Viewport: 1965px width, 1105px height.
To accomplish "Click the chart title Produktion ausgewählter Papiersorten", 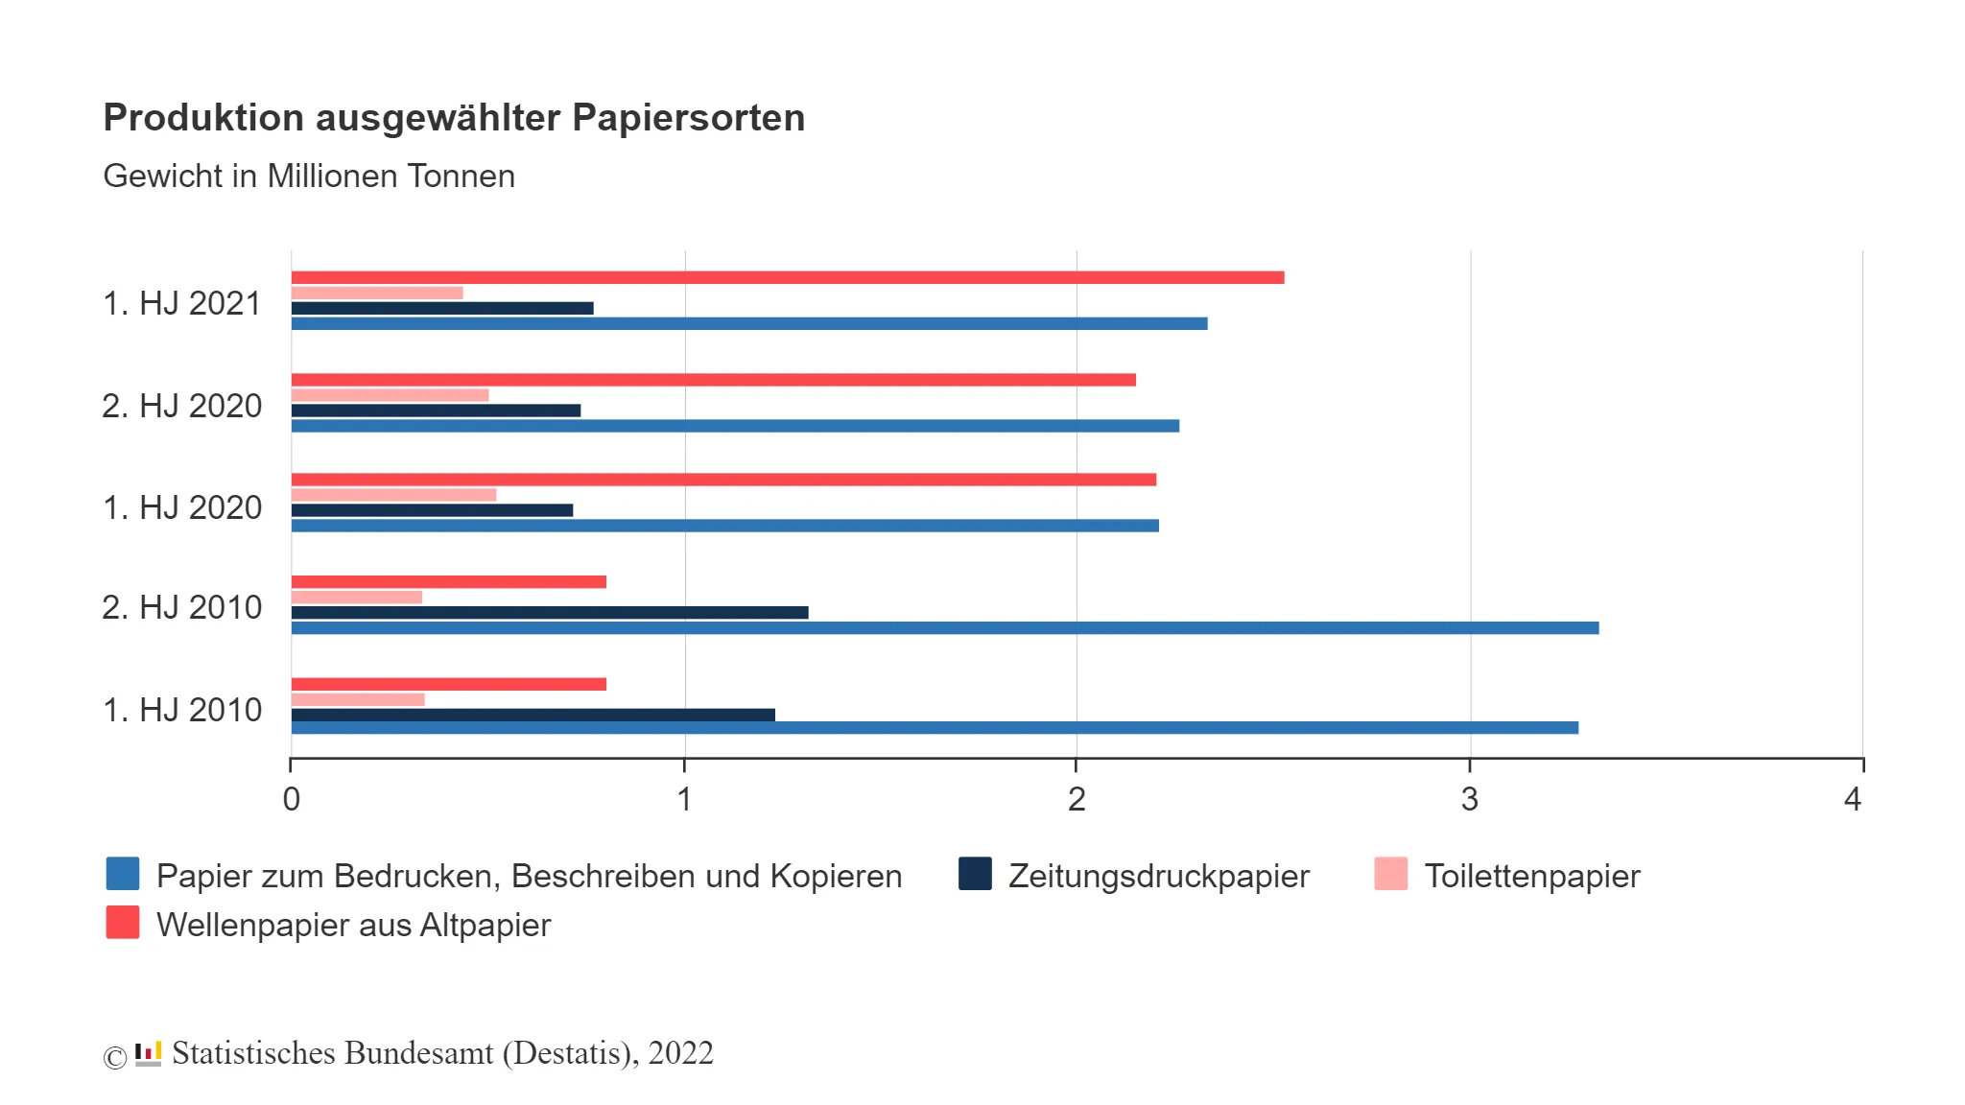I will coord(454,118).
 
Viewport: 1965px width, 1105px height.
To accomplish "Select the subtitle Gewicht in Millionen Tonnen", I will coord(309,176).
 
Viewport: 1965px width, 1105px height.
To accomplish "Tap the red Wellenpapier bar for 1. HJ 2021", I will coord(787,277).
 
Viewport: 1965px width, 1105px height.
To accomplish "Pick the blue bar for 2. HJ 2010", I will coord(944,628).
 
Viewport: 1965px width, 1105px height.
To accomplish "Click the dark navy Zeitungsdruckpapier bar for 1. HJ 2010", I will coord(533,715).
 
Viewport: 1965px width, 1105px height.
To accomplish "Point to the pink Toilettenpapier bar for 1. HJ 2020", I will coord(393,495).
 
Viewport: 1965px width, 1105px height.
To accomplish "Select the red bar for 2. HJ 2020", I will coord(713,380).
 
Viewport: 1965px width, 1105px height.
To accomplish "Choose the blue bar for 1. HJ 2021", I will coord(748,323).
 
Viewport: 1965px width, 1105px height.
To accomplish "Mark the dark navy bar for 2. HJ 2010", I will coord(549,612).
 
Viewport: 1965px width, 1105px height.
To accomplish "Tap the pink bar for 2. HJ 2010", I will coord(356,597).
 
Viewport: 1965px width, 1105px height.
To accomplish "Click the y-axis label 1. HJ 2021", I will coord(181,303).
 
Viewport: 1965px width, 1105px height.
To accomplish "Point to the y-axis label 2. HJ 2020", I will coord(181,406).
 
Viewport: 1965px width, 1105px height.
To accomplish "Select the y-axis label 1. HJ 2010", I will coord(181,710).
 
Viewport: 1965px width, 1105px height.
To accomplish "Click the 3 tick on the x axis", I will coord(1469,799).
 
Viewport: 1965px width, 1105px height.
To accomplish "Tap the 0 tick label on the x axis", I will coord(292,799).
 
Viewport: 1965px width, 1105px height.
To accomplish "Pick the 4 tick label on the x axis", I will coord(1853,799).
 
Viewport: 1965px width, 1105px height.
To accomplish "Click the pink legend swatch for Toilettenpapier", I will coord(1390,874).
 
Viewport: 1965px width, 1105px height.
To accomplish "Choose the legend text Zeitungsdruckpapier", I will coord(1158,876).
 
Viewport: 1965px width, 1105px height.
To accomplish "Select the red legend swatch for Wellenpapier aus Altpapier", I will coord(123,923).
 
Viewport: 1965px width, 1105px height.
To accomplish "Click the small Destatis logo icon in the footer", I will coord(148,1053).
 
